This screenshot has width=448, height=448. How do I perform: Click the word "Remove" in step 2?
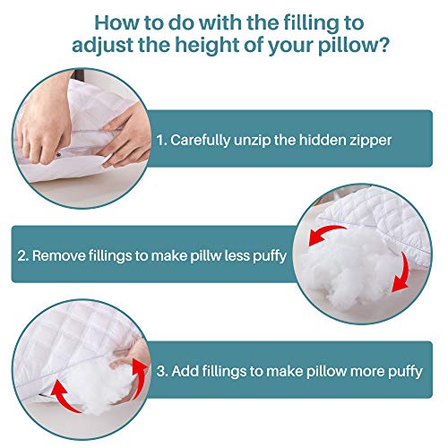coord(60,255)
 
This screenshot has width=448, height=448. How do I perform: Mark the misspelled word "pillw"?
coord(208,255)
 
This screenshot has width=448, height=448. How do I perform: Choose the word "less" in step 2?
coord(245,255)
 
